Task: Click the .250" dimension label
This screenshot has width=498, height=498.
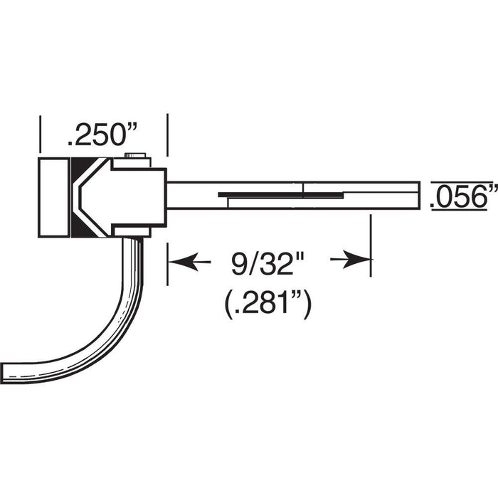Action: (102, 134)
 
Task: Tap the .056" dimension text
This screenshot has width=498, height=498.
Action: (463, 196)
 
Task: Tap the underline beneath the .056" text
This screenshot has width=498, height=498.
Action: (462, 210)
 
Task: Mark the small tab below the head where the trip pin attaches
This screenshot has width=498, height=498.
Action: (133, 231)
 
